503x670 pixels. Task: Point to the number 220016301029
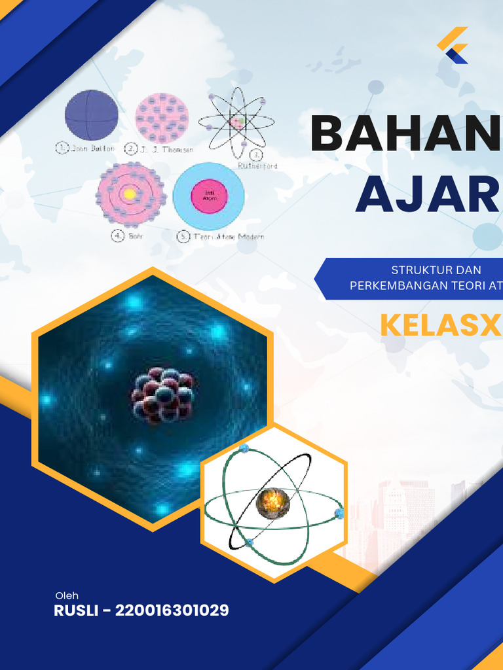[x=172, y=611]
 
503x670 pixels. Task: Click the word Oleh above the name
[x=67, y=595]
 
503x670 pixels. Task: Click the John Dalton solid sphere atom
[x=92, y=115]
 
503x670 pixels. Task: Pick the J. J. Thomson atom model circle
[x=162, y=118]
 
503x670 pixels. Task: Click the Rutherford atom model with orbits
[x=236, y=120]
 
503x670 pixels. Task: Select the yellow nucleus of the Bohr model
[x=130, y=194]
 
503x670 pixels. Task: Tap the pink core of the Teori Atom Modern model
[x=208, y=195]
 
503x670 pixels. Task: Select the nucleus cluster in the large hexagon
[x=162, y=396]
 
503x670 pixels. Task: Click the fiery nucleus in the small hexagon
[x=272, y=502]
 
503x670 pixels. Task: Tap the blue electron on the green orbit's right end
[x=339, y=514]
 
